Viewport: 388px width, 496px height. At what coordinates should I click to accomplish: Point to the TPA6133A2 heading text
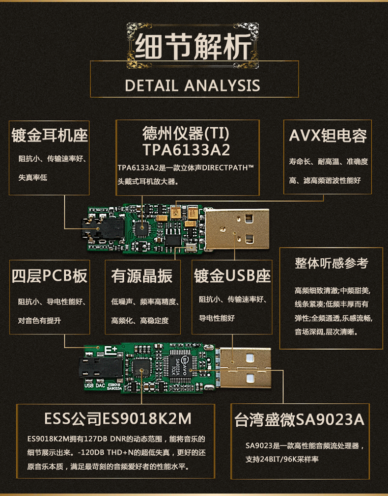tap(186, 149)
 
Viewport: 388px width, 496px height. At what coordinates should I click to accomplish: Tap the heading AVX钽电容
tap(328, 136)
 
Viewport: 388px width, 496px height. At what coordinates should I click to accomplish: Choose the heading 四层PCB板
tap(49, 276)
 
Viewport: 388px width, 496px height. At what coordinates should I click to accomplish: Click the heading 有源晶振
tap(142, 276)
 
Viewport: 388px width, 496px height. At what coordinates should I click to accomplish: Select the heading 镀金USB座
tap(232, 276)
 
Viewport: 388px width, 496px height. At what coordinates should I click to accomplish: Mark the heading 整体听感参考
tap(332, 263)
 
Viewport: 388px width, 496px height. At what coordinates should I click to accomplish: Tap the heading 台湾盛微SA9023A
tap(300, 420)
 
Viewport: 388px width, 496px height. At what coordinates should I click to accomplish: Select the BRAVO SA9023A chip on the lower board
tap(183, 366)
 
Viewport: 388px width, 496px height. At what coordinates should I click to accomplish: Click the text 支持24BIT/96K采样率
tap(282, 460)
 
